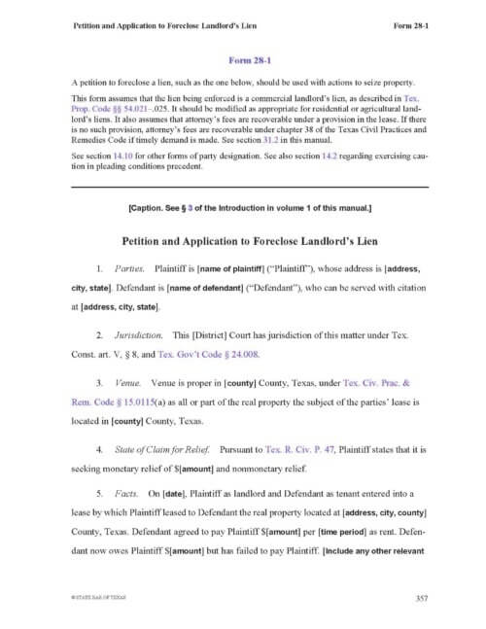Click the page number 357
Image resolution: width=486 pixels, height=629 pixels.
tap(421, 597)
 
